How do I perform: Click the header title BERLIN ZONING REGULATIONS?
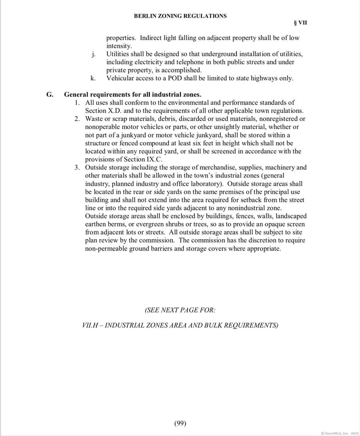coord(180,16)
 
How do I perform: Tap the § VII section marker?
coord(301,23)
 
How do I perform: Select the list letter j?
coord(93,54)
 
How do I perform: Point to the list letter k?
coord(93,78)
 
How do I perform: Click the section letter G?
coord(50,95)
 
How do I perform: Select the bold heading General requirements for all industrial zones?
coord(133,95)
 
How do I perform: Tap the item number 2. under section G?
coord(77,119)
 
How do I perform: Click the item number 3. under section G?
coord(77,168)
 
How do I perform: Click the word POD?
coord(168,78)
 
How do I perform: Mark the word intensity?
coord(119,46)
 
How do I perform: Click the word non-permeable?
coord(106,248)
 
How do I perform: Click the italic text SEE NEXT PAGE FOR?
coord(180,310)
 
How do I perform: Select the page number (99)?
coord(180,423)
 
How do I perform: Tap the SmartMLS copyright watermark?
coord(339,433)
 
